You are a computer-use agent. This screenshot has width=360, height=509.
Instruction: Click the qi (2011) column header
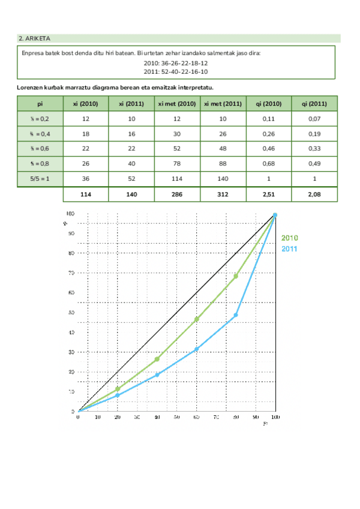point(314,103)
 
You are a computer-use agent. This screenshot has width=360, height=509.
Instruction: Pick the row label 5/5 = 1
point(40,179)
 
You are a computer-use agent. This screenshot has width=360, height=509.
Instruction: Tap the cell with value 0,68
point(268,164)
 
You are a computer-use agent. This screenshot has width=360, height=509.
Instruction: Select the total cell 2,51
point(268,194)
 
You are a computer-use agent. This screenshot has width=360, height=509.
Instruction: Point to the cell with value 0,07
point(314,119)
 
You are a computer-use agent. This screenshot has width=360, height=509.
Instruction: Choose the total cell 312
point(223,194)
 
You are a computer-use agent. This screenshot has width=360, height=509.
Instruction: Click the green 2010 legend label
point(290,238)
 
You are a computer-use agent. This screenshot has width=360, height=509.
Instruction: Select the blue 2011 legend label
point(290,248)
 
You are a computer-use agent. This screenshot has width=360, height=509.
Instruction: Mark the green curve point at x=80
point(236,276)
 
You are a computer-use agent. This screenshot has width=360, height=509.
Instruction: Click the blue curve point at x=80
point(236,315)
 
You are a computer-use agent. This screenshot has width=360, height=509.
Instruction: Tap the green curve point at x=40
point(157,359)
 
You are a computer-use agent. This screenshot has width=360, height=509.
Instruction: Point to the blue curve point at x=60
point(196,349)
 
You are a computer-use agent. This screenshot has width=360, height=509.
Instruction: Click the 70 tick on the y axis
point(71,273)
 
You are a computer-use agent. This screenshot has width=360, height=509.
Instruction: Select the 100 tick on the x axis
point(275,417)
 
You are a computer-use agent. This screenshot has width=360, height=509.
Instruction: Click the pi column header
point(40,103)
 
